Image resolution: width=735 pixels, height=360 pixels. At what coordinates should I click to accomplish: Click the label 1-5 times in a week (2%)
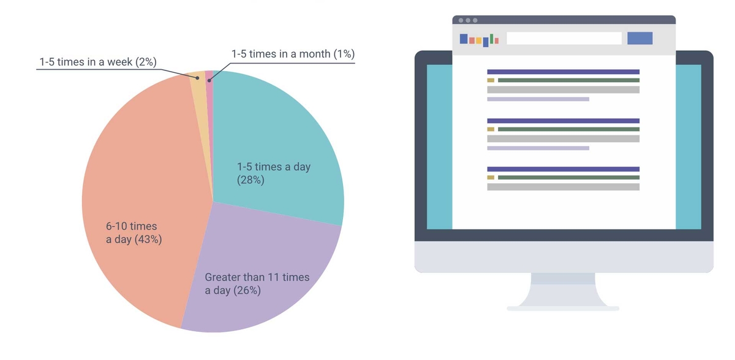(x=98, y=62)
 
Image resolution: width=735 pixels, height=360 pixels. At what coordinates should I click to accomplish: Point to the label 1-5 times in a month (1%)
(x=293, y=54)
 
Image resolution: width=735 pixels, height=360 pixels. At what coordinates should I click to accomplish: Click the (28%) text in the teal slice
(x=251, y=180)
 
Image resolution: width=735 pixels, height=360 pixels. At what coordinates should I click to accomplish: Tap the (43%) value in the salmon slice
(x=148, y=239)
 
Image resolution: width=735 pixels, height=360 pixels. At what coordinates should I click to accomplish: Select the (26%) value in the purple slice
(x=247, y=290)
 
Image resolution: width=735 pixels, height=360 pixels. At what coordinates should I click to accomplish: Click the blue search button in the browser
(x=640, y=39)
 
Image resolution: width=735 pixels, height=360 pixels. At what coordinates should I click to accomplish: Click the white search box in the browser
(x=564, y=39)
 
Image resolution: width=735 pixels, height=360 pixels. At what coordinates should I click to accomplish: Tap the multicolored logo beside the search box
(x=479, y=40)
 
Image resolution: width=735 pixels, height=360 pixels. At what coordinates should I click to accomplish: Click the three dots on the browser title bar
(x=468, y=20)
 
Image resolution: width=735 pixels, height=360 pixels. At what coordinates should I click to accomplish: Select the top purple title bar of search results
(x=563, y=72)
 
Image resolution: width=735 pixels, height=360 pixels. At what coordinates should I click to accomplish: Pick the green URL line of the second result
(x=568, y=129)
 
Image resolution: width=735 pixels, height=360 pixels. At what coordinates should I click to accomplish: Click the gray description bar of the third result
(x=563, y=187)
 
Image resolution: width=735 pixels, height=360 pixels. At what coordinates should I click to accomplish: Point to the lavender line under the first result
(x=538, y=99)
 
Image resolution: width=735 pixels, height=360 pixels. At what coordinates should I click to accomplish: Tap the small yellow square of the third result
(x=491, y=178)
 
